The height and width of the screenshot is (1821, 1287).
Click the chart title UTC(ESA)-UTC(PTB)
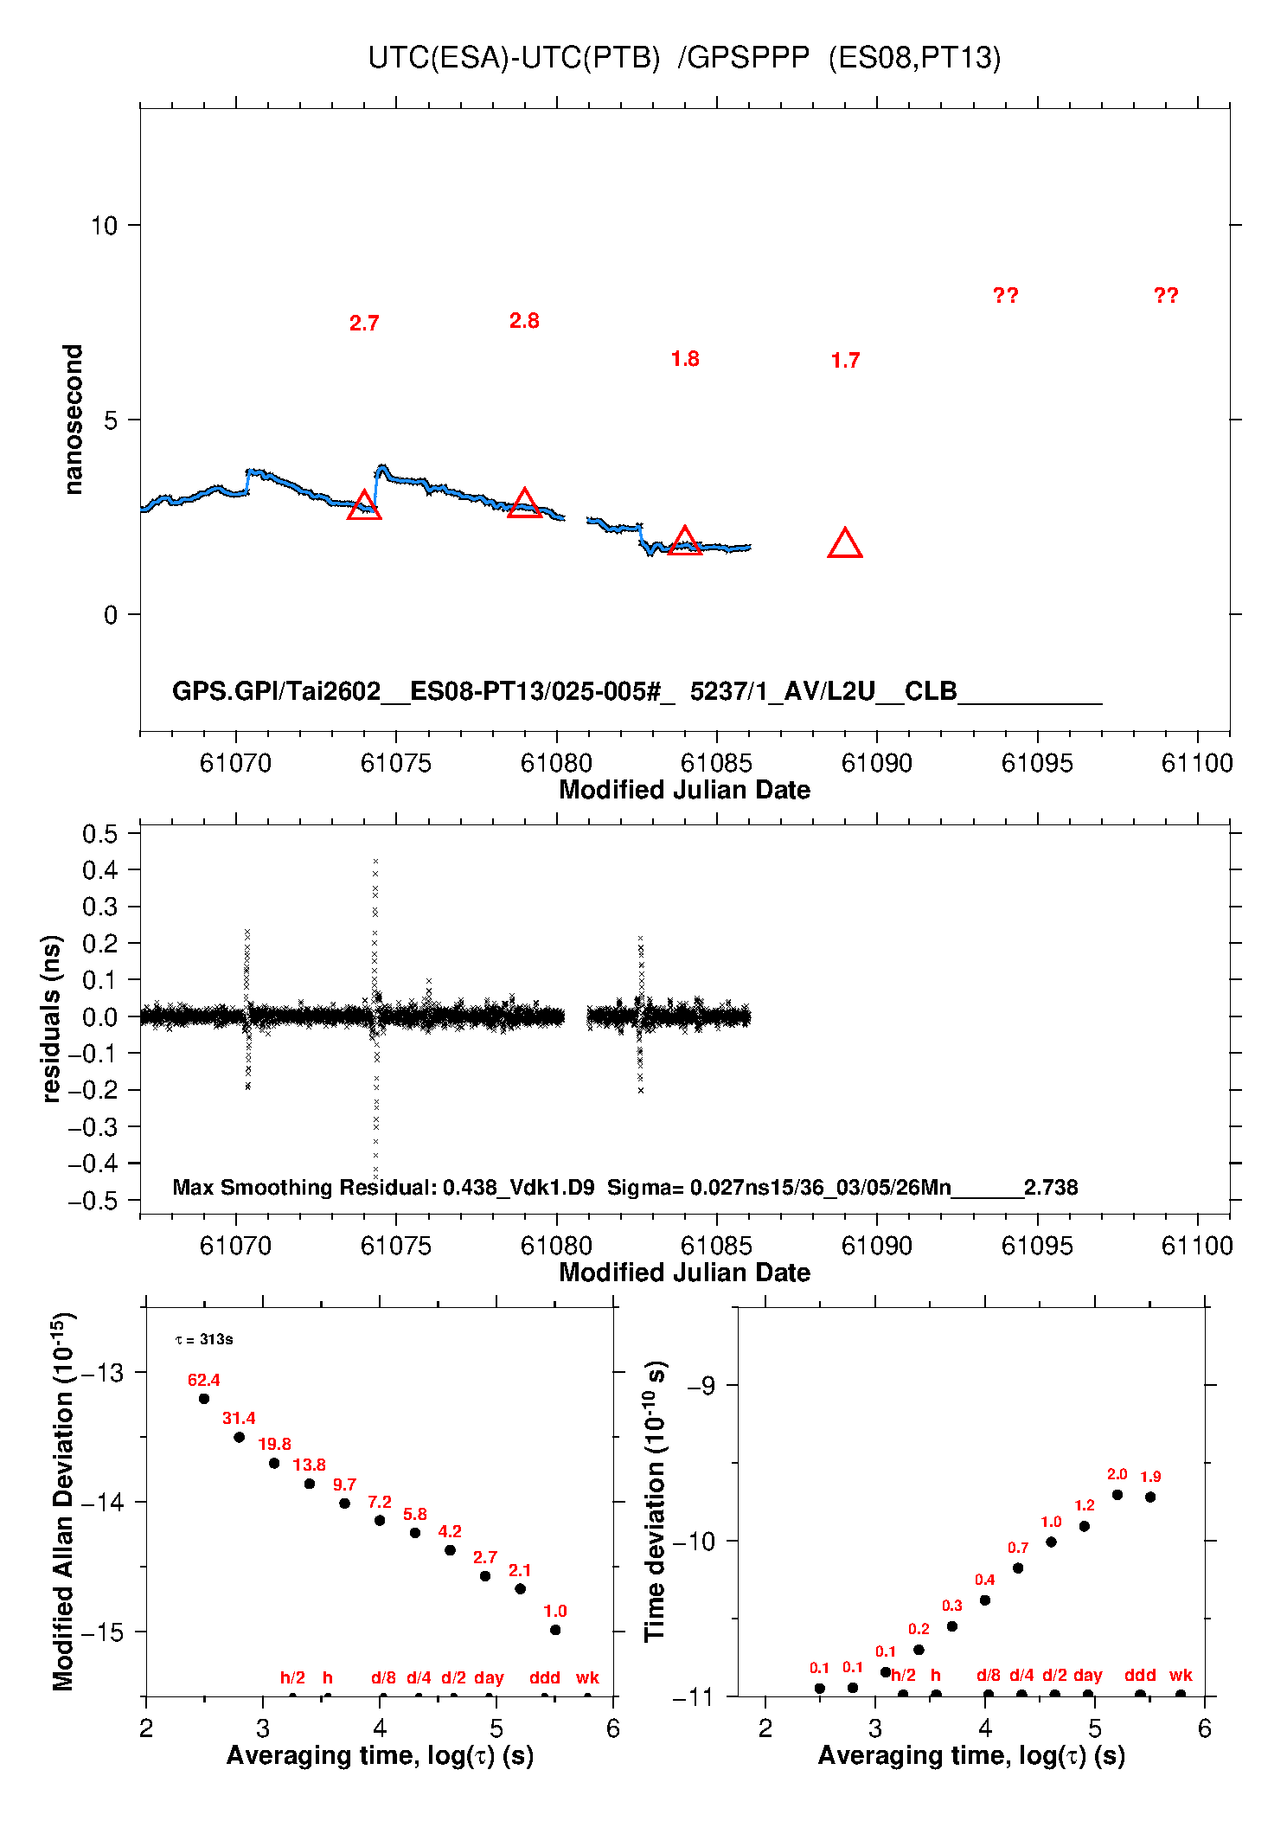514,58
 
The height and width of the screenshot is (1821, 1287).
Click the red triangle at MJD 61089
845,544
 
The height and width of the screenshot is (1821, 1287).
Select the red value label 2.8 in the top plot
524,321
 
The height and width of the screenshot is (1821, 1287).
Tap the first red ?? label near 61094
1005,296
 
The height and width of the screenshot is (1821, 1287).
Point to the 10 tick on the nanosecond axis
104,226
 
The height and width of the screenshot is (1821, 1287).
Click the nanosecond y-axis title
74,420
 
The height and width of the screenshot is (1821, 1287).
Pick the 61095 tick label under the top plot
1037,763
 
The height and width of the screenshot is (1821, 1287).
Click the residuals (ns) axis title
52,1018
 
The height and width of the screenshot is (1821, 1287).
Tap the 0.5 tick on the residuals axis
100,834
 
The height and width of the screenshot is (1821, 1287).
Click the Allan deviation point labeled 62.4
204,1399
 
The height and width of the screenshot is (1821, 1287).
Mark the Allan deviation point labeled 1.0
555,1630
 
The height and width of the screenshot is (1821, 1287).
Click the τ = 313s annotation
204,1340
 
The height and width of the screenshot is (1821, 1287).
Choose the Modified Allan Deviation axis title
62,1502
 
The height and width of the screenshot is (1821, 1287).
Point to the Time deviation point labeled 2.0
1117,1495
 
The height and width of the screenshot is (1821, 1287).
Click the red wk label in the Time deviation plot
1181,1675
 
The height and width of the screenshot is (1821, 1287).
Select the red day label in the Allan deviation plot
489,1677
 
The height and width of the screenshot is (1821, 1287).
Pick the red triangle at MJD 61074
364,506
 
